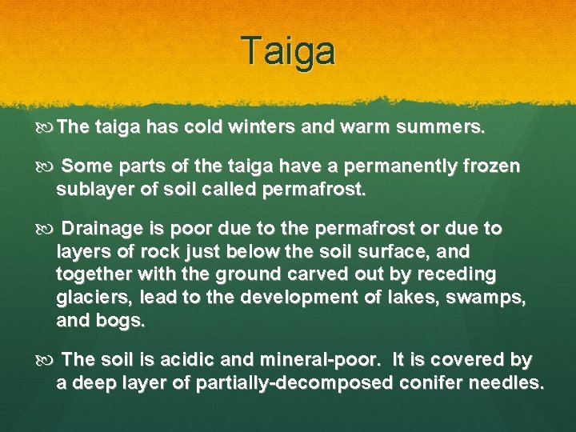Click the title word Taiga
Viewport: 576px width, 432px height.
[x=290, y=51]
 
